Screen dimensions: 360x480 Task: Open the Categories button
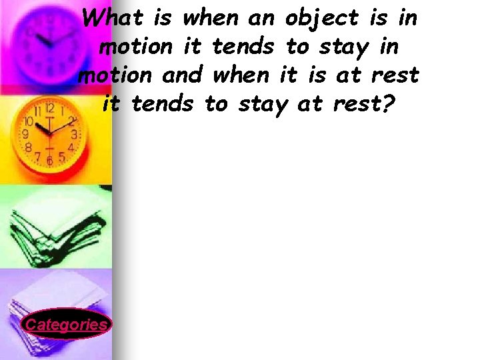click(65, 325)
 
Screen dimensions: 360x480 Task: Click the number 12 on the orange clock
click(50, 108)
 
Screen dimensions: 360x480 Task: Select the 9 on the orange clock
click(26, 134)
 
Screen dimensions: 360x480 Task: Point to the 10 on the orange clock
click(29, 122)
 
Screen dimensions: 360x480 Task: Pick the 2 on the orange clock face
click(71, 122)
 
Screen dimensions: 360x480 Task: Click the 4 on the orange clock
click(71, 147)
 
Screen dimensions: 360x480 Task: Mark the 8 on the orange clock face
click(30, 147)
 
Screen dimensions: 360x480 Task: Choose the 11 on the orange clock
click(38, 111)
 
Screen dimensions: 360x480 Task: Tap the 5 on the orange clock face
click(61, 157)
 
